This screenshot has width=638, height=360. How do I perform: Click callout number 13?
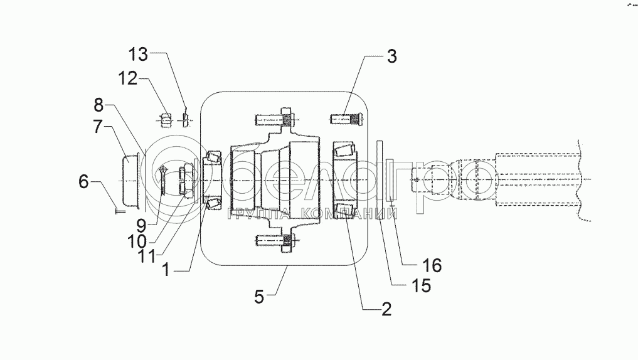pos(139,54)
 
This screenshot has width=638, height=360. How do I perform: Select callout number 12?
pos(128,78)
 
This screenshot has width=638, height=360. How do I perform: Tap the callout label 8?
pos(99,105)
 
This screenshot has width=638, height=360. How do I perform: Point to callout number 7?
pos(98,126)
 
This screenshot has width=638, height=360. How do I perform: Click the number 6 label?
pos(83,181)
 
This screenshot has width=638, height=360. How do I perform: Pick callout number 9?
pos(141,225)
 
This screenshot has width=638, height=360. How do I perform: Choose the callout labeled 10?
pos(137,241)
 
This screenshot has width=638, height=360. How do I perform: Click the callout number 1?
pos(166,270)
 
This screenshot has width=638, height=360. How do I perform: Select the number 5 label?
pos(259,297)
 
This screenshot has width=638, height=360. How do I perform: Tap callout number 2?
pos(386,309)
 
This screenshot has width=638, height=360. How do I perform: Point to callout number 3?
pos(392,56)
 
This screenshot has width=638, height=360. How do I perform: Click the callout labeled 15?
pos(421,285)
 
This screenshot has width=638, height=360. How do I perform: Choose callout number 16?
pos(432,266)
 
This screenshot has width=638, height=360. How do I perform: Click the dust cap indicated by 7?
pos(130,181)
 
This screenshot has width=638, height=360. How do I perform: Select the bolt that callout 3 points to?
pos(346,119)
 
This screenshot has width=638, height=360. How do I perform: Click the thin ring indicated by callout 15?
pos(380,180)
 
